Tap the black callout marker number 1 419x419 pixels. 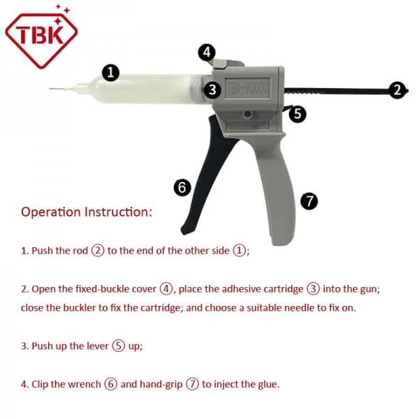111,72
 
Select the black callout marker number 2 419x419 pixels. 397,89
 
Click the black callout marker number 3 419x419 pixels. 213,89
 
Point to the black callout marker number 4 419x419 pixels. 206,52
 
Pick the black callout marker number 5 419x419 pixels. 297,114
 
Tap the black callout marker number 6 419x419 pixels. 182,187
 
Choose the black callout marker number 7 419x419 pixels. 309,201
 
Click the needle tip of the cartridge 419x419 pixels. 52,89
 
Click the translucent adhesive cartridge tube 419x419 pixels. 140,90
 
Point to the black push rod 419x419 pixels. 335,89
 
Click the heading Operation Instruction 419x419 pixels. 87,212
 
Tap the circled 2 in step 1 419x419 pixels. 98,250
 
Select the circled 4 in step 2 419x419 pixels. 166,288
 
